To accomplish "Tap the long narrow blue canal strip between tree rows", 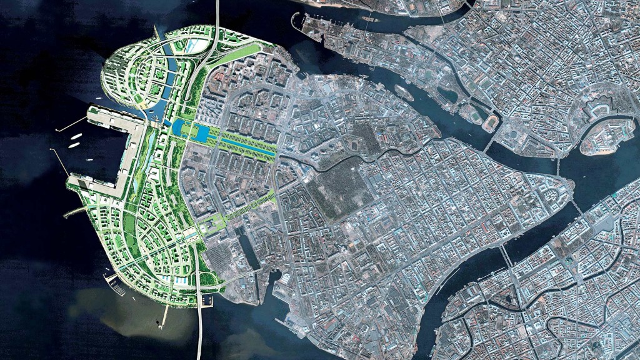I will coord(247,148).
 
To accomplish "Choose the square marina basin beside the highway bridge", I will coord(207,301).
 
